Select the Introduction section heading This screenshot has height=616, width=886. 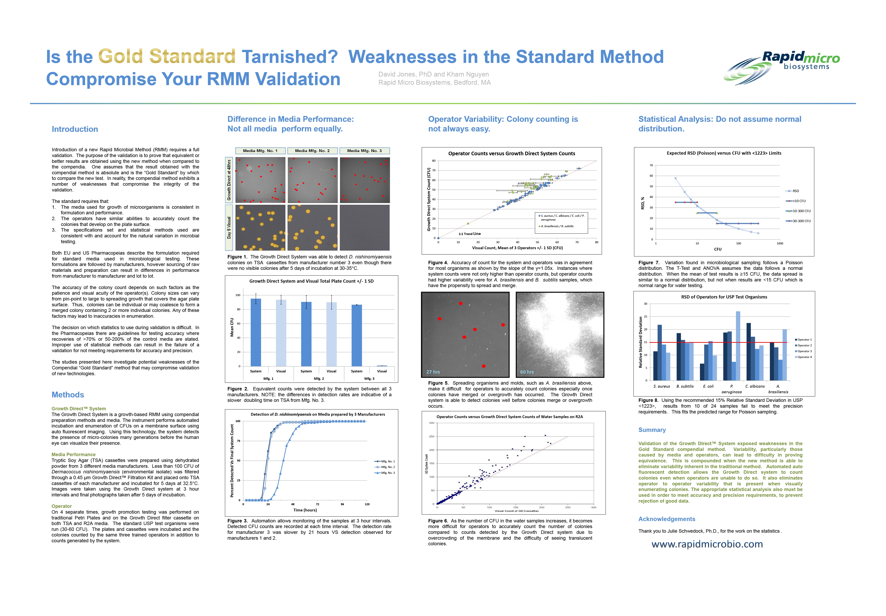(75, 129)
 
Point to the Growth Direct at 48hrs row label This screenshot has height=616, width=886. (229, 180)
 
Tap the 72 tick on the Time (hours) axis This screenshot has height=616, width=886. (317, 504)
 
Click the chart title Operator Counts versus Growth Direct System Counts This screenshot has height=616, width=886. (511, 154)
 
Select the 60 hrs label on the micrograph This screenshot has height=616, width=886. (527, 372)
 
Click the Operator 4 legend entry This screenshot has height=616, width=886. (804, 357)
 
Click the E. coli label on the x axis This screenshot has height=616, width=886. (708, 386)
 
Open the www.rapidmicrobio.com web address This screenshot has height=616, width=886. (707, 544)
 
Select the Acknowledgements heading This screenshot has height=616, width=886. (667, 519)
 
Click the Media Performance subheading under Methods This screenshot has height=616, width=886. (73, 455)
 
